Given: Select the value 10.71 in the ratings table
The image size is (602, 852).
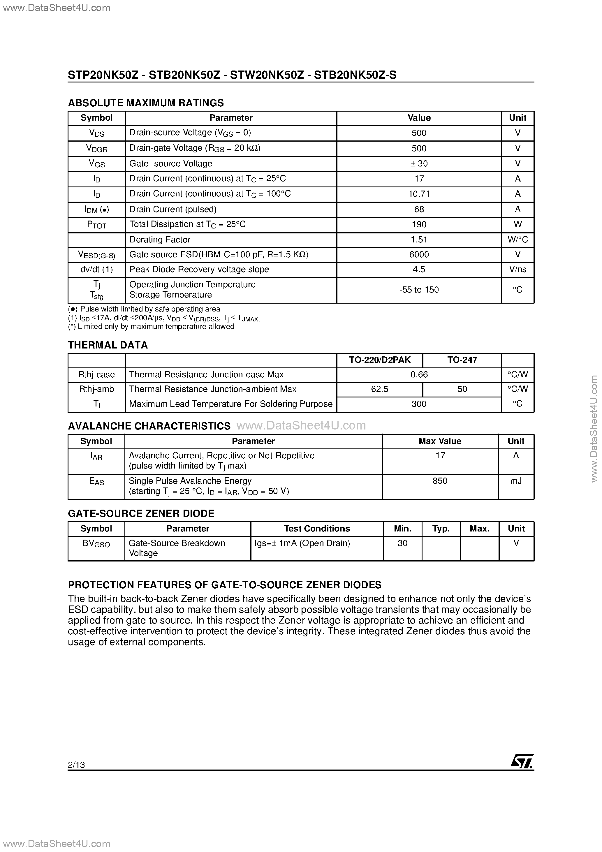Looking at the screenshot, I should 419,194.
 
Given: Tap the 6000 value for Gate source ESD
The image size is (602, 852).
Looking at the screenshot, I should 419,255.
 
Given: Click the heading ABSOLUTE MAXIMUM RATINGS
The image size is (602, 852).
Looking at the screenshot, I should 146,103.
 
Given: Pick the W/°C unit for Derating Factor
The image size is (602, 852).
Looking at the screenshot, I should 517,240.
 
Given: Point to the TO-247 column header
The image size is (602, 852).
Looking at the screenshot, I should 462,360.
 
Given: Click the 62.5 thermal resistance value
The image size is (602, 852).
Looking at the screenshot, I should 379,389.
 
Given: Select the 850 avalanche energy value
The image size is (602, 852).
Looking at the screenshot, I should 440,481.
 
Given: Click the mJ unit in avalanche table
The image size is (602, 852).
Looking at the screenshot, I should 516,481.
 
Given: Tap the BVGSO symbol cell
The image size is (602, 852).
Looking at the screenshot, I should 96,544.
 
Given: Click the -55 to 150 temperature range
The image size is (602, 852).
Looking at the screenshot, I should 419,290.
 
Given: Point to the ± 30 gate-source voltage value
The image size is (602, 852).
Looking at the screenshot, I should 419,164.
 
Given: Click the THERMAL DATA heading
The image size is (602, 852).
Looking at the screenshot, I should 108,345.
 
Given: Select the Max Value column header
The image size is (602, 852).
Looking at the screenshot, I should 440,441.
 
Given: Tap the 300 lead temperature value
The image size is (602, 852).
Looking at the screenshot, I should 419,404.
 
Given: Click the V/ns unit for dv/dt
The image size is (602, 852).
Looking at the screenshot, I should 517,270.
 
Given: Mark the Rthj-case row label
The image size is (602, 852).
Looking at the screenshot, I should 96,375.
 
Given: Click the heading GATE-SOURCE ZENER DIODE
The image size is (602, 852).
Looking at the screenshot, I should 141,514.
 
